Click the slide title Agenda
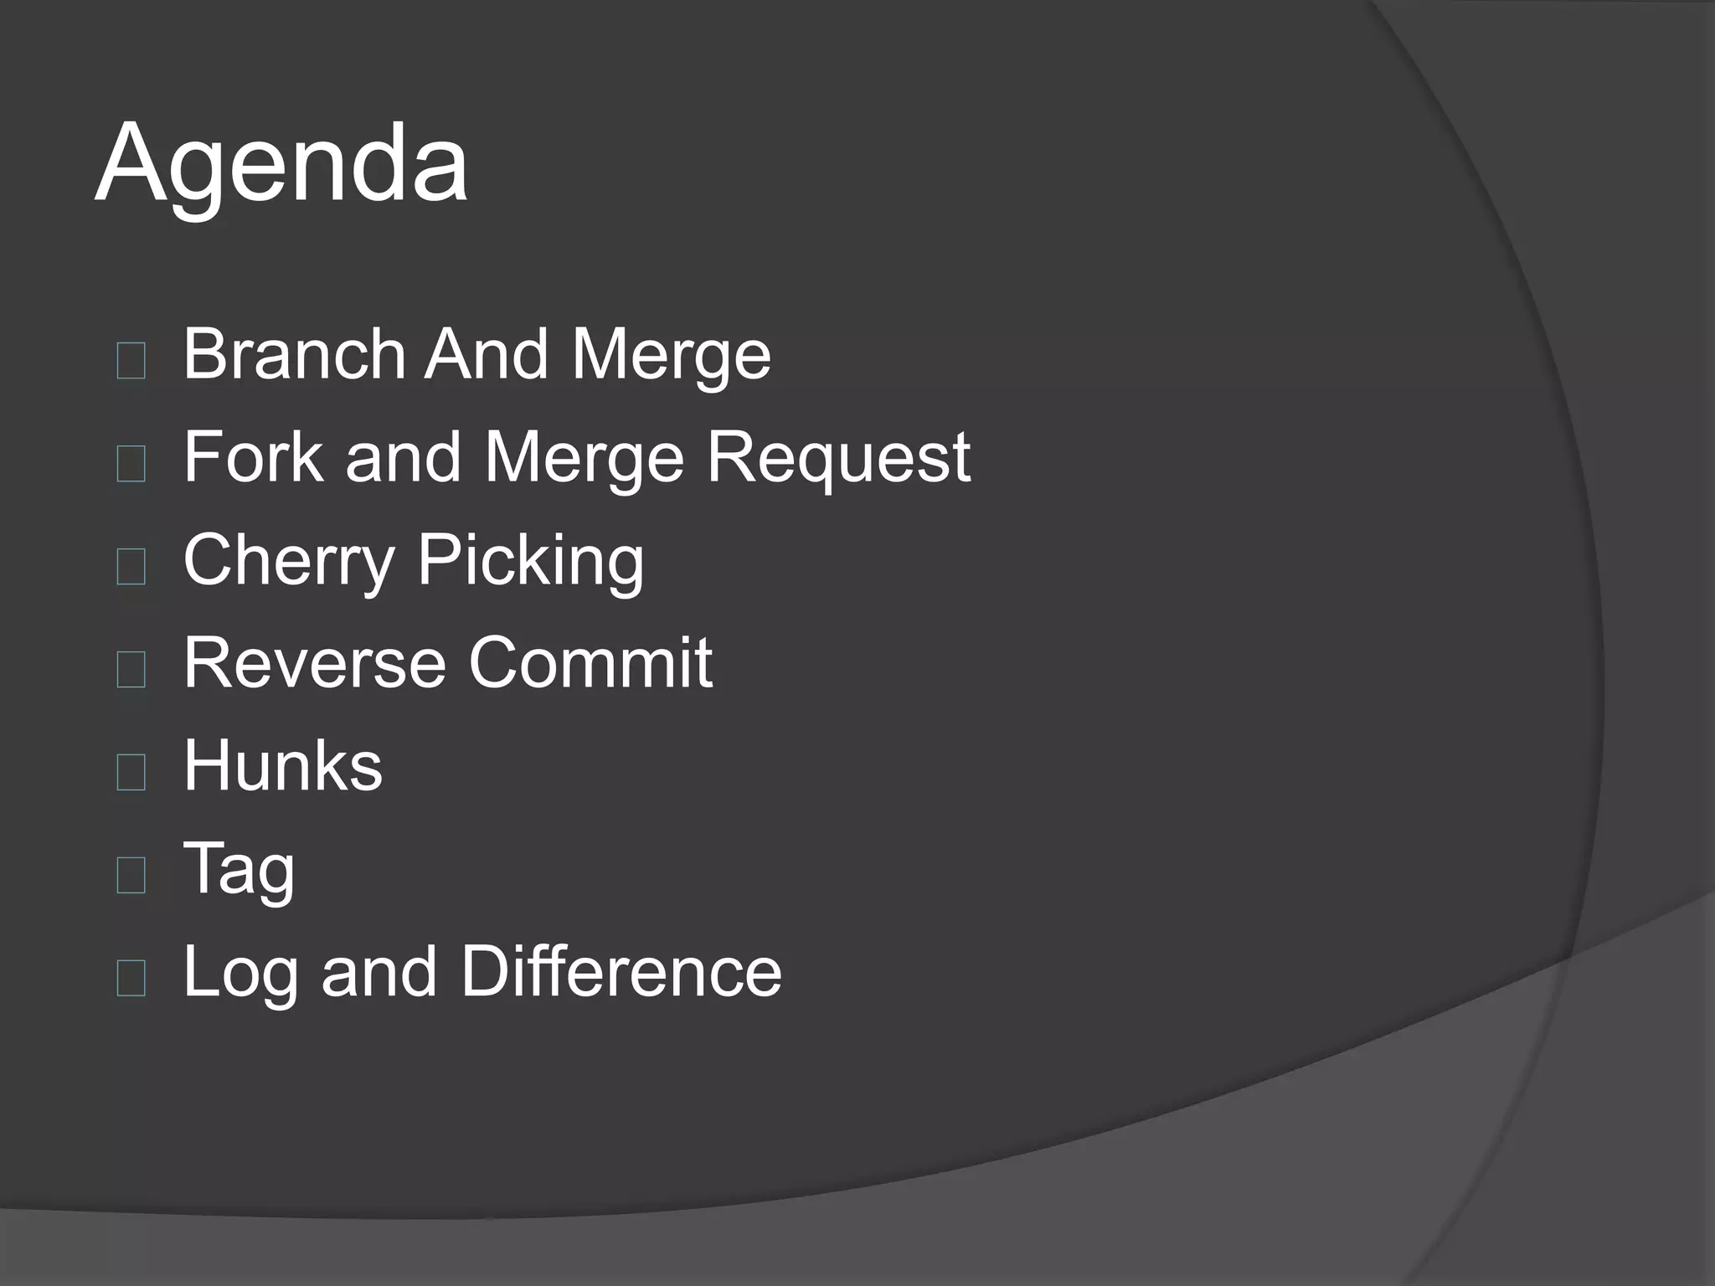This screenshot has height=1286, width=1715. (281, 163)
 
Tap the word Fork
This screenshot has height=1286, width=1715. (253, 457)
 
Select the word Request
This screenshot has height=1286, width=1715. (837, 459)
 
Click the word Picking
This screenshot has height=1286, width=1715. (531, 561)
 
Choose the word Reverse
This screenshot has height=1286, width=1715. (315, 663)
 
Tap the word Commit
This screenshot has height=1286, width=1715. (590, 663)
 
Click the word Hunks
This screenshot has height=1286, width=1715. (283, 765)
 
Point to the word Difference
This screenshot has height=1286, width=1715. (621, 971)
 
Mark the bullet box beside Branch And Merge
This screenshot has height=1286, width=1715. (131, 361)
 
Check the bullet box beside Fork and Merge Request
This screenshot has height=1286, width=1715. (131, 464)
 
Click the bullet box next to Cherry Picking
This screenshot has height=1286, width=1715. (131, 567)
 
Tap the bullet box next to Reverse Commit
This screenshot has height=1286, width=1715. (131, 670)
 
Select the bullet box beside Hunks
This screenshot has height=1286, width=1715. (131, 772)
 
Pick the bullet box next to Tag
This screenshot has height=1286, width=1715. (131, 875)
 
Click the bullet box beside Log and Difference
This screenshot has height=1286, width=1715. (131, 978)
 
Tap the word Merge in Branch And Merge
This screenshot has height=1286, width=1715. (671, 356)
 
